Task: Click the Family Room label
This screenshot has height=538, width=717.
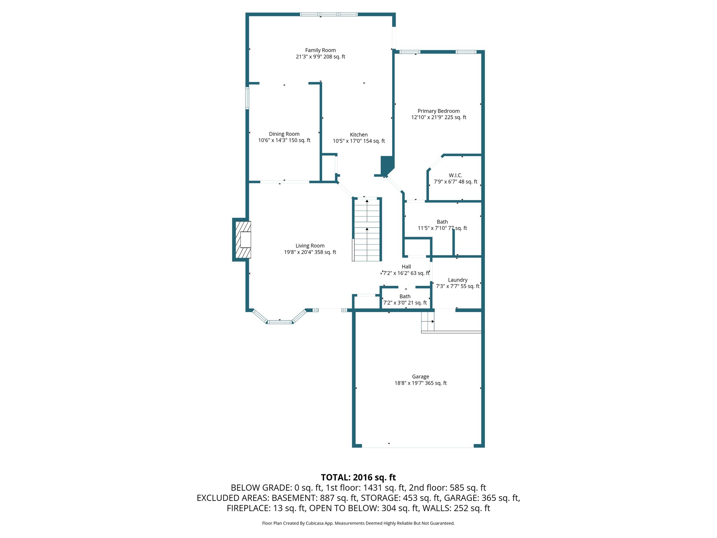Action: click(320, 50)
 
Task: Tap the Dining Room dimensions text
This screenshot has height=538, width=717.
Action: click(284, 140)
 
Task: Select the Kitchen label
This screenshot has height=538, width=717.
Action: click(359, 135)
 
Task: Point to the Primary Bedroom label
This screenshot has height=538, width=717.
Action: click(439, 111)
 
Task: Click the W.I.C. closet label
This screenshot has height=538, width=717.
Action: click(455, 175)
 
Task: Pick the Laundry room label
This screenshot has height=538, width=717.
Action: click(458, 280)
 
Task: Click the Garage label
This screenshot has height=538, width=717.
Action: click(420, 377)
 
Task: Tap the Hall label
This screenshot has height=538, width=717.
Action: click(406, 267)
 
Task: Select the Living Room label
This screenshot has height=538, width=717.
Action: click(310, 246)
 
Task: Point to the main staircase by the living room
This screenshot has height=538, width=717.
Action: click(367, 230)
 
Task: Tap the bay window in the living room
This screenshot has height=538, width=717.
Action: click(279, 321)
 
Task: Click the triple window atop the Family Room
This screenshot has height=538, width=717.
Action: click(329, 14)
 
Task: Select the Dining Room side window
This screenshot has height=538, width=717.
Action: click(247, 98)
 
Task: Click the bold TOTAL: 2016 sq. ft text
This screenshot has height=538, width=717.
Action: click(358, 477)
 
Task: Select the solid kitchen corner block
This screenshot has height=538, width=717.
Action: click(387, 165)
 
